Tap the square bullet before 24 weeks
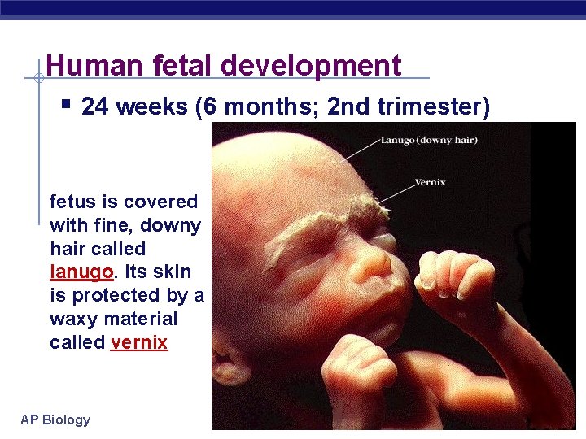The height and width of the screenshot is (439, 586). pos(66,105)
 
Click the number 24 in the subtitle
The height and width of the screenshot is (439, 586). pos(96,107)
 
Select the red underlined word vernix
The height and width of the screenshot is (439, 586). pos(139,342)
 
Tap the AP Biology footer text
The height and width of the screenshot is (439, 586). pos(55,420)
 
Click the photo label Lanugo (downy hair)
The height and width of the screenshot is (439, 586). pos(429,141)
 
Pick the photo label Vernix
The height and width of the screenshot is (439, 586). pos(430,182)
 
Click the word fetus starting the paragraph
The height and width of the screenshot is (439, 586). pos(72,202)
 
